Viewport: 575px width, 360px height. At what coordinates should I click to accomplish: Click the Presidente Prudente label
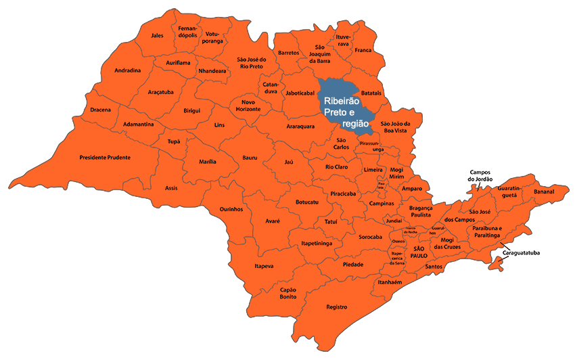point(104,158)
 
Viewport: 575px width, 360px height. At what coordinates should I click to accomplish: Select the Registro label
point(336,307)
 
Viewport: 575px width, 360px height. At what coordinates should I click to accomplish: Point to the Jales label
point(158,35)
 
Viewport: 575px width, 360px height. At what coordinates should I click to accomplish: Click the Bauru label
point(250,158)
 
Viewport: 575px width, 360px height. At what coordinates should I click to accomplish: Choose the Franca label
point(363,50)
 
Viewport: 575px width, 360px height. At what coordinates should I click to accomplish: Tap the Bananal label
point(543,192)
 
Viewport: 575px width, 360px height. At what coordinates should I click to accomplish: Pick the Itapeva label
point(264,267)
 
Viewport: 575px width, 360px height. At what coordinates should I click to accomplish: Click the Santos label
point(434,267)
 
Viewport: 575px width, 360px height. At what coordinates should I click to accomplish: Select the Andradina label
point(128,70)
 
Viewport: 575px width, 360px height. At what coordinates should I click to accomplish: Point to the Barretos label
point(289,53)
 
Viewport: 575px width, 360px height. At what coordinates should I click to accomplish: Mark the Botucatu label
point(307,202)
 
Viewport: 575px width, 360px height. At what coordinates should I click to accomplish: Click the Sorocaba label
point(370,238)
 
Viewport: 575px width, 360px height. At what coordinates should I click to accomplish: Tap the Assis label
point(171,187)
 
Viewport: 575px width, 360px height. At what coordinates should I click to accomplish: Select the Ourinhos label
point(231,210)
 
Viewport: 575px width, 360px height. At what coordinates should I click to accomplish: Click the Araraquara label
point(300,126)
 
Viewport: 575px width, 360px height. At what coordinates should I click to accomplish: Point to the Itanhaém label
point(390,282)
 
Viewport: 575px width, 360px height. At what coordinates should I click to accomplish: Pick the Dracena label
point(100,110)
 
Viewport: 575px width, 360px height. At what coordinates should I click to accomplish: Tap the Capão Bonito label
point(288,293)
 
